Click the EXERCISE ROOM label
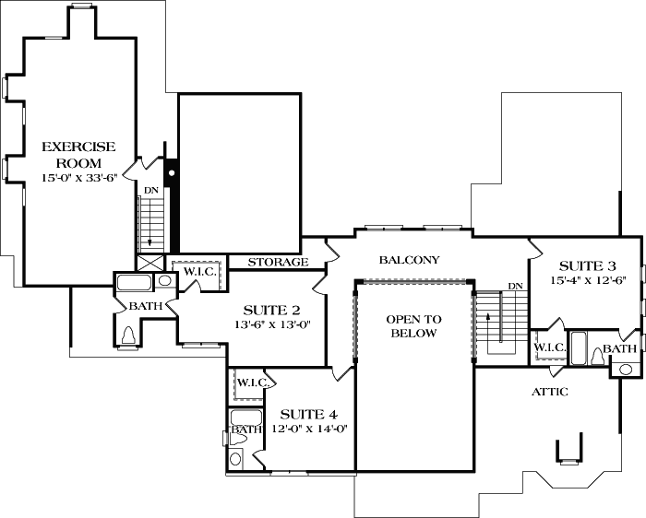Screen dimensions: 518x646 click(x=78, y=154)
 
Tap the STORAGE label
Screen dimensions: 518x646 click(x=278, y=263)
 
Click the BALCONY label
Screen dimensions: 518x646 click(x=409, y=260)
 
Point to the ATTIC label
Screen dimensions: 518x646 click(x=548, y=392)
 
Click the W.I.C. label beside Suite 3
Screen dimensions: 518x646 click(x=550, y=347)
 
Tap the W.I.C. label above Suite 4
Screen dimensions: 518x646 click(x=251, y=383)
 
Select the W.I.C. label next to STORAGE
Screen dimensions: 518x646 click(x=199, y=272)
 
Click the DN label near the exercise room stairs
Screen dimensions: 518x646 click(x=151, y=190)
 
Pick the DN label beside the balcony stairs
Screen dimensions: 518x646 click(x=515, y=287)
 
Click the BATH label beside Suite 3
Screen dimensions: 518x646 click(x=619, y=348)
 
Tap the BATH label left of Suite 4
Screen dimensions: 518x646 click(x=245, y=429)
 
